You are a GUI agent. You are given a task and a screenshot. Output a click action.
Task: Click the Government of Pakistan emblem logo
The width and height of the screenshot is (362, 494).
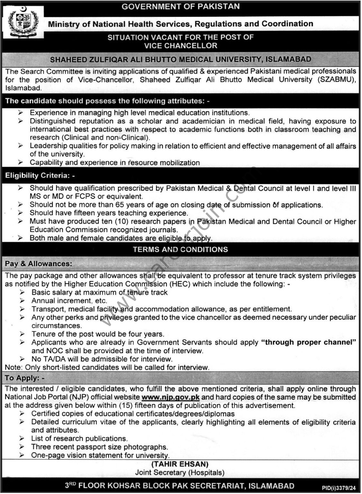23,23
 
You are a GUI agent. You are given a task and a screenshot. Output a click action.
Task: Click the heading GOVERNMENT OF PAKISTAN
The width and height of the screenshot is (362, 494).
180,6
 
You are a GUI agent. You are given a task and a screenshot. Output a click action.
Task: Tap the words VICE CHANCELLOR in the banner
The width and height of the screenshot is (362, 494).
180,46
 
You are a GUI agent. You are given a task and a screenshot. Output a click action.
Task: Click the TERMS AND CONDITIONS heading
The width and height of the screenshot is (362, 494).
180,250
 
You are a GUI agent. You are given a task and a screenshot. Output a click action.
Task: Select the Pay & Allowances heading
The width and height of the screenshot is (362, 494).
38,264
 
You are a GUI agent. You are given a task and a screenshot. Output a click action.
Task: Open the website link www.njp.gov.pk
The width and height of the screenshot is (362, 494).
170,397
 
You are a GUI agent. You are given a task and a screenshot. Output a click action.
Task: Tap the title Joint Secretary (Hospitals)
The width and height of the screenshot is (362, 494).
180,472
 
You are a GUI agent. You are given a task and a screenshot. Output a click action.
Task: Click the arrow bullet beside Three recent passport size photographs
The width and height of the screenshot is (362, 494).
22,447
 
